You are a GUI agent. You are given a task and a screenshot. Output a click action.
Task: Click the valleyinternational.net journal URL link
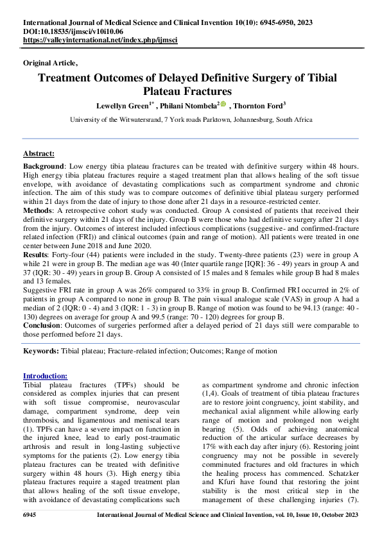[100, 40]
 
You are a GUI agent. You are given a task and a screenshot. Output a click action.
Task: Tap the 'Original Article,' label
[50, 63]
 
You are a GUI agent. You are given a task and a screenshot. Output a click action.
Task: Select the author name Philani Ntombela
[189, 105]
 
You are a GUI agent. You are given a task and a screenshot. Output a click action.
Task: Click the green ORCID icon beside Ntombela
[222, 104]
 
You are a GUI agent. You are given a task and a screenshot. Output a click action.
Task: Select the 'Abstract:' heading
[39, 155]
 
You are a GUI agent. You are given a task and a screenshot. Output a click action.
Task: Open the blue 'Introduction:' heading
[45, 376]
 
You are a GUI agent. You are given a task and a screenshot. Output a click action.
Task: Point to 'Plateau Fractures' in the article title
[191, 91]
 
